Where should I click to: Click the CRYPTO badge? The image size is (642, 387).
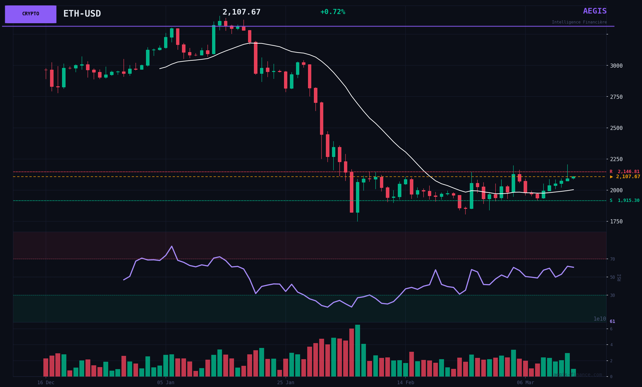pyautogui.click(x=30, y=14)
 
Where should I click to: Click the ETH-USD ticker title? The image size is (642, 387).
pyautogui.click(x=82, y=14)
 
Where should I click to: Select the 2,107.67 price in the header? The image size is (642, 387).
pyautogui.click(x=241, y=12)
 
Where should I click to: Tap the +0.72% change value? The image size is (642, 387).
pyautogui.click(x=333, y=12)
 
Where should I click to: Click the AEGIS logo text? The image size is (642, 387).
pyautogui.click(x=595, y=11)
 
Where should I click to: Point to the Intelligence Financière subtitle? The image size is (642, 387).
pyautogui.click(x=579, y=22)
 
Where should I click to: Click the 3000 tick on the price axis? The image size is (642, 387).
pyautogui.click(x=616, y=66)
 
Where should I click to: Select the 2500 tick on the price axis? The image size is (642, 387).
pyautogui.click(x=616, y=128)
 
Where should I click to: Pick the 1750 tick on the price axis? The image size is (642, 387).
pyautogui.click(x=616, y=222)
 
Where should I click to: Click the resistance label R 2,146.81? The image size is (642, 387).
pyautogui.click(x=624, y=172)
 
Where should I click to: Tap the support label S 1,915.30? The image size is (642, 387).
pyautogui.click(x=624, y=201)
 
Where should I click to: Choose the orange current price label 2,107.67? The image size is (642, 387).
pyautogui.click(x=625, y=177)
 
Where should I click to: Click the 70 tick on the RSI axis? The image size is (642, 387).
pyautogui.click(x=612, y=259)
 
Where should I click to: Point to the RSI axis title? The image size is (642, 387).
pyautogui.click(x=619, y=277)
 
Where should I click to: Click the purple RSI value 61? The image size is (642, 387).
pyautogui.click(x=612, y=322)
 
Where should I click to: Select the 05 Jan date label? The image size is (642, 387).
pyautogui.click(x=166, y=383)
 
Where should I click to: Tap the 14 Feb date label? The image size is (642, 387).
pyautogui.click(x=405, y=383)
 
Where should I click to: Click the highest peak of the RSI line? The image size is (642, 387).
pyautogui.click(x=172, y=246)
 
